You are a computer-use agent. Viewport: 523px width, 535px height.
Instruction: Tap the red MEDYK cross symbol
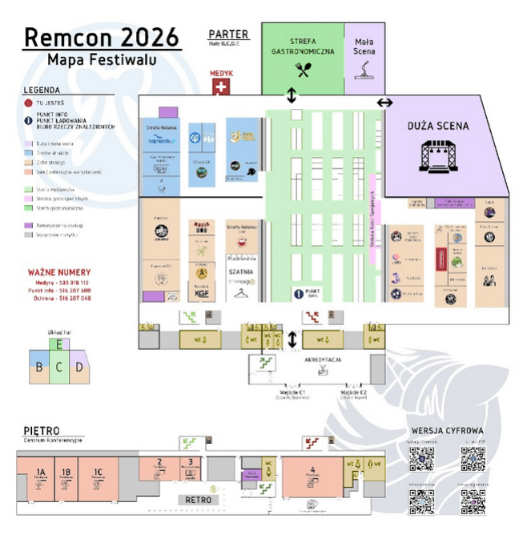click(221, 86)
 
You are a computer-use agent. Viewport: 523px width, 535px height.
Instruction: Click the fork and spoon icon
click(303, 69)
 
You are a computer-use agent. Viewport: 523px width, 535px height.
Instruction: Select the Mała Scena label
click(364, 46)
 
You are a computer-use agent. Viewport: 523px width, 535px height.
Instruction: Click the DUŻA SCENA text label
click(437, 126)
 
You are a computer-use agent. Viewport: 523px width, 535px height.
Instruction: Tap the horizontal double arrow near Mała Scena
click(385, 103)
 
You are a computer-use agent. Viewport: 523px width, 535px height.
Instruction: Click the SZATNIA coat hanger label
click(240, 272)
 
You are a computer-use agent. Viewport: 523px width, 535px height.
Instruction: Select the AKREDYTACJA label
click(323, 360)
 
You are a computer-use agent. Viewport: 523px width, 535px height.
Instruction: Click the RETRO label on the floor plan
click(198, 499)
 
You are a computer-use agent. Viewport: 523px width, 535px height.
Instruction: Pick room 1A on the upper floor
click(40, 473)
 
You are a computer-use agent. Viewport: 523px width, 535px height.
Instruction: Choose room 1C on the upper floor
click(98, 473)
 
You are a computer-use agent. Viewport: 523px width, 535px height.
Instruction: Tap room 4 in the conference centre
click(313, 471)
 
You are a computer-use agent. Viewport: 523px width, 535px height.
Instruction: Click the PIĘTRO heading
click(41, 432)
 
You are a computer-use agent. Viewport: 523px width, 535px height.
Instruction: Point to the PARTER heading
click(228, 34)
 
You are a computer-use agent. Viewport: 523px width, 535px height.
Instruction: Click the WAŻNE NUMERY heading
click(59, 272)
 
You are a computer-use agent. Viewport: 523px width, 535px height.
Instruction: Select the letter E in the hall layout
click(59, 344)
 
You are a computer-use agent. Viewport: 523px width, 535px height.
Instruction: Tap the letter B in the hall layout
click(38, 368)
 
